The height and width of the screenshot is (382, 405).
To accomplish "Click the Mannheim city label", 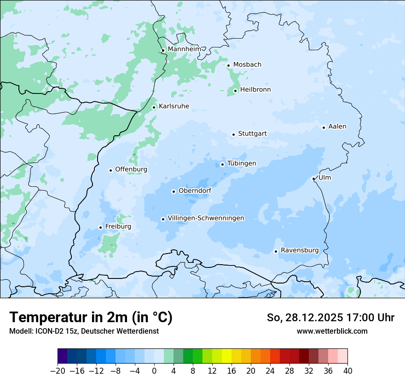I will (x=185, y=49).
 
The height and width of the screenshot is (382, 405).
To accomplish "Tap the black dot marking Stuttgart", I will (x=233, y=134).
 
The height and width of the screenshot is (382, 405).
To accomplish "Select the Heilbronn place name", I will (x=255, y=89).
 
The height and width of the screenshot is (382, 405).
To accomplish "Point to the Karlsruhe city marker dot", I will (x=154, y=107).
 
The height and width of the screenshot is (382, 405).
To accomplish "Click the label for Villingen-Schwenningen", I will (x=206, y=218).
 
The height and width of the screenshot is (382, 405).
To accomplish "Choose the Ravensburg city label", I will (x=299, y=250).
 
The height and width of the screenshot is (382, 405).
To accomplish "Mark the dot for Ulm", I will (x=313, y=179).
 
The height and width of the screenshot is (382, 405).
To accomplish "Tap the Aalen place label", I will (x=337, y=126).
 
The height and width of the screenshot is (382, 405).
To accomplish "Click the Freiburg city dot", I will (x=100, y=227).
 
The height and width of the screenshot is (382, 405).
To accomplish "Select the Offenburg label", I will (x=131, y=169).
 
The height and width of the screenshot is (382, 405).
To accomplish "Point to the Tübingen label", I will (x=242, y=163).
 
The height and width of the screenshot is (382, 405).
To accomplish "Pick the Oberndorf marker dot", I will (x=174, y=191).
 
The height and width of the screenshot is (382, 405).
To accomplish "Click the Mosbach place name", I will (x=247, y=64).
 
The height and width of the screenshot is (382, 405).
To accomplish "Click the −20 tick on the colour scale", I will (x=58, y=370).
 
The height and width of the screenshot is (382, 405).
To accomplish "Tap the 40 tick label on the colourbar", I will (x=347, y=370).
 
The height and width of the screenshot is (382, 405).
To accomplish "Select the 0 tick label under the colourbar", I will (x=154, y=370).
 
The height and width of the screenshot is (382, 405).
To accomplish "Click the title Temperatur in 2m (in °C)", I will (x=91, y=317).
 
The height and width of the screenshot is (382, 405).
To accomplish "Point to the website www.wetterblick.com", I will (x=332, y=331).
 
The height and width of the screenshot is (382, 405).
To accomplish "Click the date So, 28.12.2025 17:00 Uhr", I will (x=330, y=318).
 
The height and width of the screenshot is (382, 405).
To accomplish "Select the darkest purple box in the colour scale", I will (x=62, y=356).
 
